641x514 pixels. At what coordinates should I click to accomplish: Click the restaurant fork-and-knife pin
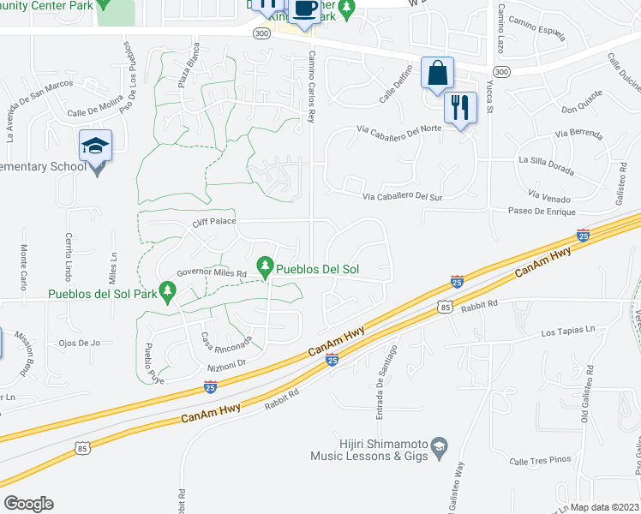(461, 108)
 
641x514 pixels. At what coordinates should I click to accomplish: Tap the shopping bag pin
(437, 74)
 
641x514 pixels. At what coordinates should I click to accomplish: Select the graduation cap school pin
(96, 145)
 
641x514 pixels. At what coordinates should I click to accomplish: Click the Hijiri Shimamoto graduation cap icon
(439, 446)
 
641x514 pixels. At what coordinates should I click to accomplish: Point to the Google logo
(27, 504)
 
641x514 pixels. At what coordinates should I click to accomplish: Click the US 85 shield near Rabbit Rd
(443, 306)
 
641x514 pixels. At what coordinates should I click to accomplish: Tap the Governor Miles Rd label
(212, 273)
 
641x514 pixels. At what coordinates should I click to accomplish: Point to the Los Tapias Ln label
(567, 330)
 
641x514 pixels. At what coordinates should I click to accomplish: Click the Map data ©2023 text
(604, 507)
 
